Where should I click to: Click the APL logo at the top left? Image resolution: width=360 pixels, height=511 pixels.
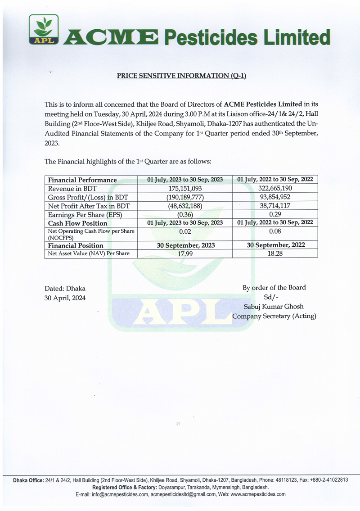point(44,30)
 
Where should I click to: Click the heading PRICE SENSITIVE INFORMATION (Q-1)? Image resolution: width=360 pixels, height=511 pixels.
point(181,76)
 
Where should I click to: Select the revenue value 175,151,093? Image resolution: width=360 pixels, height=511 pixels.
point(185,189)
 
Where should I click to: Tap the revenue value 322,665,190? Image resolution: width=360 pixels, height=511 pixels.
point(275,189)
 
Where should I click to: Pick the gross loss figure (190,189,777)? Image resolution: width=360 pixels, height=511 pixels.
point(185,197)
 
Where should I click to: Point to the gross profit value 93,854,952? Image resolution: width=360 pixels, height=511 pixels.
point(275,197)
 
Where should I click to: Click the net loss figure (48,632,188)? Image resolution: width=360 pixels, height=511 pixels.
point(185,206)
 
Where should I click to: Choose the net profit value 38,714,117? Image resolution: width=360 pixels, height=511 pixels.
point(275,206)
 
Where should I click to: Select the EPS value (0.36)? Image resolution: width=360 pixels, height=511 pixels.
point(185,214)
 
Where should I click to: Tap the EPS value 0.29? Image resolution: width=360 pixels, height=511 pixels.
point(275,214)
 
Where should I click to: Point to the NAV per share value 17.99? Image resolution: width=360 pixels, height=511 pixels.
point(185,253)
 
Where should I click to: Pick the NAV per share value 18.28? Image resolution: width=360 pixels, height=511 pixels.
point(275,253)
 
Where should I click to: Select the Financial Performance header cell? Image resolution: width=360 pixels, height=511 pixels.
point(82,180)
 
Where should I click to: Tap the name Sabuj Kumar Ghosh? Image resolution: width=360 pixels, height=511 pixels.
point(274,306)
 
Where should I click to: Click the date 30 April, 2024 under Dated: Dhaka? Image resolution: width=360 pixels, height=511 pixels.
point(65,298)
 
